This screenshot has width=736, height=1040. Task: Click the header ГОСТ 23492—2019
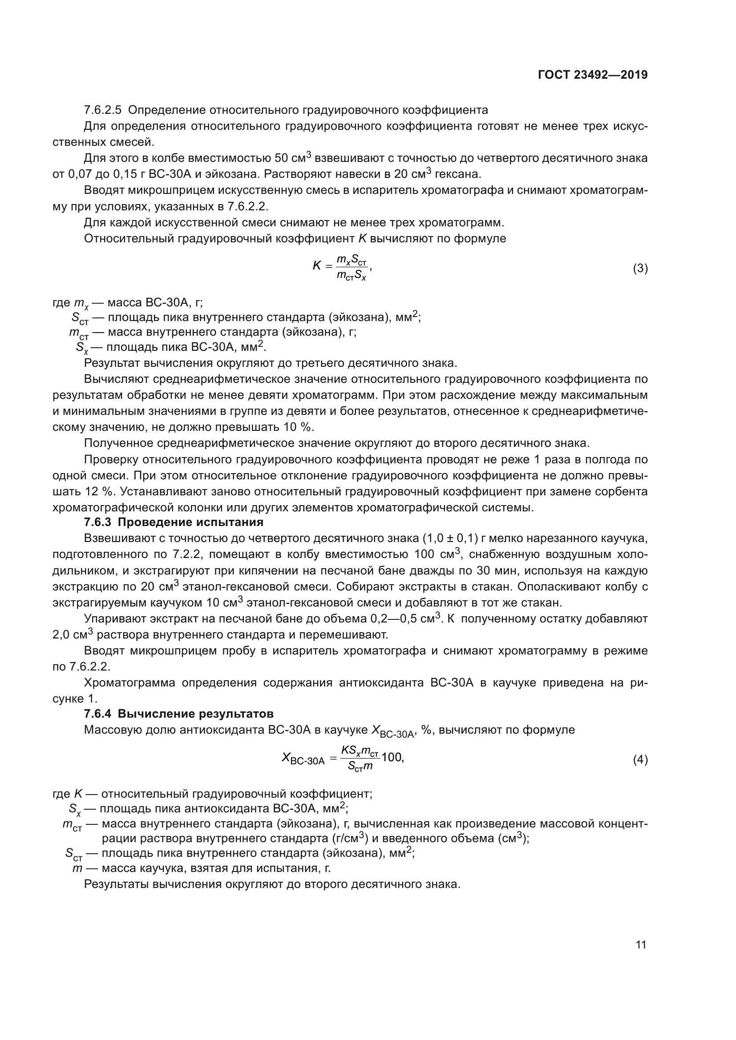click(592, 75)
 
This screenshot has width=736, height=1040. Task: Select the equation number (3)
click(640, 269)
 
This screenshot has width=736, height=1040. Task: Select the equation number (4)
click(640, 759)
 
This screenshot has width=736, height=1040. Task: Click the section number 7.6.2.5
click(103, 110)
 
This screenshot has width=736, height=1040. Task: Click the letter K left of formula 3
click(317, 266)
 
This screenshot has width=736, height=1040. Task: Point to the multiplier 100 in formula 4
click(392, 757)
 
